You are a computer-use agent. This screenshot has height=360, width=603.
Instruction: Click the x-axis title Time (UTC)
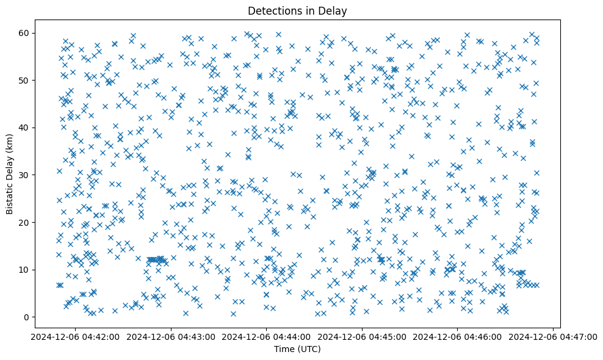pyautogui.click(x=297, y=349)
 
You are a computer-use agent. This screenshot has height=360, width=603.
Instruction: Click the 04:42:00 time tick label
pyautogui.click(x=74, y=336)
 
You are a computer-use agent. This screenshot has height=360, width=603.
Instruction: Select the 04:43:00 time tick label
pyautogui.click(x=170, y=336)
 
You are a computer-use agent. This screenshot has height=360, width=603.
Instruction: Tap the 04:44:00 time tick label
pyautogui.click(x=266, y=336)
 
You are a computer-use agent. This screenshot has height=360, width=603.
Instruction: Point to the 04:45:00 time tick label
pyautogui.click(x=362, y=336)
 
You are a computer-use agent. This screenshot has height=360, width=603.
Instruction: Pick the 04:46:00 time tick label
pyautogui.click(x=458, y=336)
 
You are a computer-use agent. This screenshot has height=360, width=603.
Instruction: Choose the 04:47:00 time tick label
pyautogui.click(x=554, y=336)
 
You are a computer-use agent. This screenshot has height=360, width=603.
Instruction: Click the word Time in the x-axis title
pyautogui.click(x=285, y=349)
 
